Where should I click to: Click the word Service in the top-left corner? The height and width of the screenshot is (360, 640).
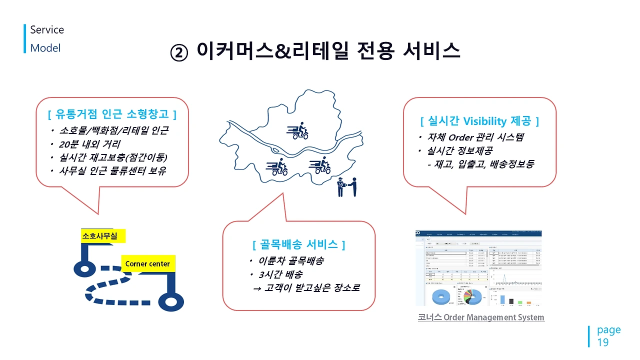(x=47, y=30)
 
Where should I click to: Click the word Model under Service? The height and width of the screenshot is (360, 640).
(x=45, y=48)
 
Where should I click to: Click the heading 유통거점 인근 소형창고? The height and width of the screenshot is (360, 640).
(x=112, y=114)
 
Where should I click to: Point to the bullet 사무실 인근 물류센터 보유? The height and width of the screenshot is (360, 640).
(x=112, y=170)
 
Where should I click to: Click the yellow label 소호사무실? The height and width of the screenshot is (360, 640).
(x=99, y=236)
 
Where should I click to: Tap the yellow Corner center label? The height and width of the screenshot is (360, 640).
(x=147, y=263)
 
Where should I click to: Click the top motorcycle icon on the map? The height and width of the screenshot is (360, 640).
(x=297, y=130)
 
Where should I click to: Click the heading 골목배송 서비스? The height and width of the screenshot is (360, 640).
(x=298, y=244)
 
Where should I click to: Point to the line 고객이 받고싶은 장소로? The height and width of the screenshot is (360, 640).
(x=307, y=288)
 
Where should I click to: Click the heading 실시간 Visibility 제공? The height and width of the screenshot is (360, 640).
(x=479, y=121)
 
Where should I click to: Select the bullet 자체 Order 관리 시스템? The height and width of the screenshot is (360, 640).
(x=475, y=137)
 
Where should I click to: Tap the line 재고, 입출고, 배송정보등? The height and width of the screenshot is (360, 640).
(x=480, y=163)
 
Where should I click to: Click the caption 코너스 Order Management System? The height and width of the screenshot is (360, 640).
(x=480, y=317)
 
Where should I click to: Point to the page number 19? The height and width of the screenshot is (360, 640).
(x=603, y=342)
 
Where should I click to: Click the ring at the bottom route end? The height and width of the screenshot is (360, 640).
(x=171, y=302)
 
